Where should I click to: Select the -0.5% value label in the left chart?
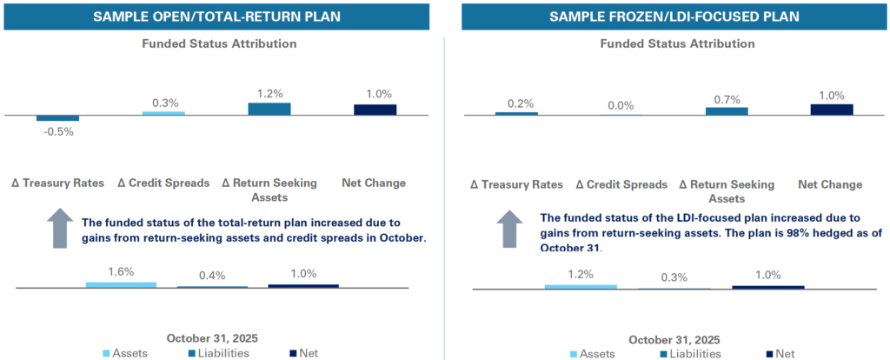(58, 132)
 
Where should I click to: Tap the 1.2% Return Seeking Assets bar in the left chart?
(269, 109)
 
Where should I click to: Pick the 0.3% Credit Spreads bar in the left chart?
(163, 113)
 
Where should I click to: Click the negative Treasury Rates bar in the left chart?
(58, 117)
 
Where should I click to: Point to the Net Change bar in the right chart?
(832, 110)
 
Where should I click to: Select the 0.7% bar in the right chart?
(726, 110)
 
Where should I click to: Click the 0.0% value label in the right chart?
(621, 104)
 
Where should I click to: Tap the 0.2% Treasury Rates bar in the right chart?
(516, 113)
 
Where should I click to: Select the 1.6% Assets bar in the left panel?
(121, 284)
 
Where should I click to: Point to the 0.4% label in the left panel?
(212, 275)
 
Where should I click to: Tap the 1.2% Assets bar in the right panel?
(581, 286)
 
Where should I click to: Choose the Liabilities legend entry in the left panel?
(212, 353)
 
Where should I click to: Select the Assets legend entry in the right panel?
(593, 354)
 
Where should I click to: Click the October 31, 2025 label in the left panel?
(213, 337)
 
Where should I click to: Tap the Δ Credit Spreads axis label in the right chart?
(622, 184)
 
